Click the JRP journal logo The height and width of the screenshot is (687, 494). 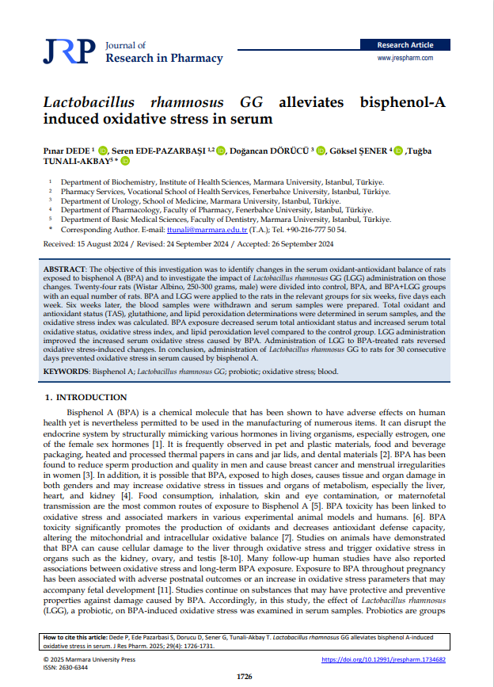tap(70, 52)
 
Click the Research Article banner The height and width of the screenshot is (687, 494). tap(405, 45)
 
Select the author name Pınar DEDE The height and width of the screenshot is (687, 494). tap(67, 150)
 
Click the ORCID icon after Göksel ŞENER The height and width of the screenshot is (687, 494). tap(398, 150)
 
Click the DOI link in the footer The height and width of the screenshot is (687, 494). tap(384, 659)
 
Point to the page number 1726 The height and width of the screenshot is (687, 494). tap(246, 676)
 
